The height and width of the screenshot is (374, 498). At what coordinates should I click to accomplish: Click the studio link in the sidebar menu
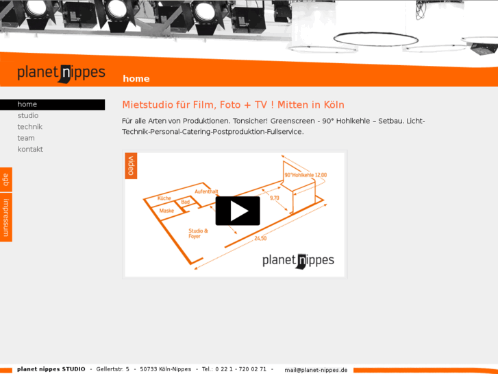pos(28,115)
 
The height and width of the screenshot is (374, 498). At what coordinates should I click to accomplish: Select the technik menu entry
pos(30,127)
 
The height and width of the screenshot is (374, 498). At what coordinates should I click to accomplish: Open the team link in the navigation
pos(26,138)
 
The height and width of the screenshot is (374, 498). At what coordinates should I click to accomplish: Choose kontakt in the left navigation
pos(30,150)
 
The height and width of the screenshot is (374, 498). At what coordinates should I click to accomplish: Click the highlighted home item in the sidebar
pos(53,104)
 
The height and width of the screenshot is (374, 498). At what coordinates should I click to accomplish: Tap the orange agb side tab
pos(6,180)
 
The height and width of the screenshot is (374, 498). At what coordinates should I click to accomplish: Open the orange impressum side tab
pos(6,218)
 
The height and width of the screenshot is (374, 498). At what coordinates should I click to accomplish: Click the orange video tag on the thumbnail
pos(131,165)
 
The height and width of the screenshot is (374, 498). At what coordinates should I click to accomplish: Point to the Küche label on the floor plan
pos(164,198)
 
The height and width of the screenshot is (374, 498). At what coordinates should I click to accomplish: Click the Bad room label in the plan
pos(185,202)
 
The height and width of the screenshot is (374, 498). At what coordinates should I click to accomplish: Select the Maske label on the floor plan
pos(166,211)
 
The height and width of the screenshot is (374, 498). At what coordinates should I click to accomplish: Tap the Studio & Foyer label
pos(198,233)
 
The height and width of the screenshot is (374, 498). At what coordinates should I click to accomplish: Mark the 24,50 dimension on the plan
pos(260,238)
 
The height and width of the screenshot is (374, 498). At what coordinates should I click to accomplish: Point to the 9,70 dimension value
pos(275,198)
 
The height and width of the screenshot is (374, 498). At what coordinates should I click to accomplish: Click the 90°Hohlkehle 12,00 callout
pos(306,175)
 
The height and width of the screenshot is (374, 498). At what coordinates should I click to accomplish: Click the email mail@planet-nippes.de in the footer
pos(316,370)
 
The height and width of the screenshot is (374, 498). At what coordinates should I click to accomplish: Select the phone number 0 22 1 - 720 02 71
pos(240,369)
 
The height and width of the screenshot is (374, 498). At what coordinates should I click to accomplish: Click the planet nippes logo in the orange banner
pos(61,73)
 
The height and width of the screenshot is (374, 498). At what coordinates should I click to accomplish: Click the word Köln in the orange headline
pos(334,105)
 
